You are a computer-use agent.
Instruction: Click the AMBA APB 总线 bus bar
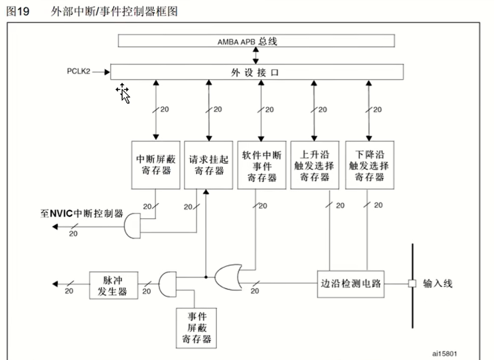(x=256, y=41)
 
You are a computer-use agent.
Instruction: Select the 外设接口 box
(x=257, y=72)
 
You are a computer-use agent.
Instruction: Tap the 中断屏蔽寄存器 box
(x=156, y=165)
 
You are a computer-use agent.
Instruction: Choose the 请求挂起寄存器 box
(x=208, y=165)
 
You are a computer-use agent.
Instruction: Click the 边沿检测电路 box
(x=350, y=284)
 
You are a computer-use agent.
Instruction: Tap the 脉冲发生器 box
(x=113, y=285)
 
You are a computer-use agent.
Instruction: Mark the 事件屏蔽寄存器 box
(x=196, y=328)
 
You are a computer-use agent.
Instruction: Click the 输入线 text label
(x=437, y=283)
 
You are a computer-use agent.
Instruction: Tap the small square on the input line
(x=412, y=284)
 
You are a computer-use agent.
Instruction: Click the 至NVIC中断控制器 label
(x=81, y=213)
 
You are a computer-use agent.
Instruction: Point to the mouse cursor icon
(x=123, y=93)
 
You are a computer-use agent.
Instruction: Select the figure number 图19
(x=18, y=11)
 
